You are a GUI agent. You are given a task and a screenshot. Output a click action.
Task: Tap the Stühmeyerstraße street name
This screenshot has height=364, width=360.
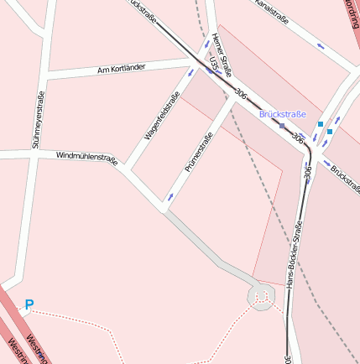(37, 119)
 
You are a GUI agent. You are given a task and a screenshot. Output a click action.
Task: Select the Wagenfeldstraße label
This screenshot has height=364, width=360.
(163, 116)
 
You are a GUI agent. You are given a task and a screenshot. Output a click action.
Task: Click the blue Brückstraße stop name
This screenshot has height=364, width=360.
(283, 113)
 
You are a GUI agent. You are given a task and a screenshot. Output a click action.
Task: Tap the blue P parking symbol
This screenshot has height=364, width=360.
(29, 305)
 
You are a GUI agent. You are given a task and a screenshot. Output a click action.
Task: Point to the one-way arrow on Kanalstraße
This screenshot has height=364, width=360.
(320, 44)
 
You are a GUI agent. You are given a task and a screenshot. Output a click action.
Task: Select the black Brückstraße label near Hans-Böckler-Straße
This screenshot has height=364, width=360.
(344, 175)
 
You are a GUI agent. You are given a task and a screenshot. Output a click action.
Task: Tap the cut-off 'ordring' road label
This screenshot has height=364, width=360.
(351, 13)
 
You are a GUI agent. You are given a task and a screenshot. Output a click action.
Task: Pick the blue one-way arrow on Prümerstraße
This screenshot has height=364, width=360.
(172, 197)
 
